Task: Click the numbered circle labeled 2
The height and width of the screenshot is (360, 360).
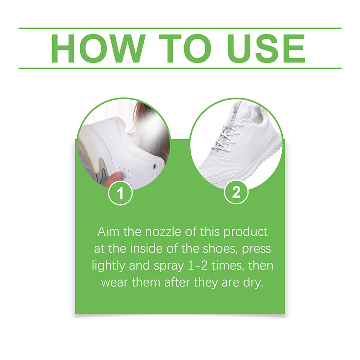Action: click(237, 194)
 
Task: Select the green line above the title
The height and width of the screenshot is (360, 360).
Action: click(180, 28)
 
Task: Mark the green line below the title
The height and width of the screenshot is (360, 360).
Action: click(180, 68)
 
